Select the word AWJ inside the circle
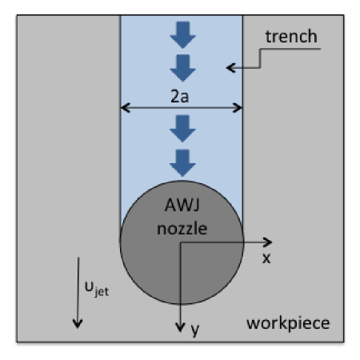click(181, 207)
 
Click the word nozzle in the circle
click(181, 228)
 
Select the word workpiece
click(288, 324)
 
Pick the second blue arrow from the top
click(181, 66)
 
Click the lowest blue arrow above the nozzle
click(181, 163)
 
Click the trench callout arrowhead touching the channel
click(230, 68)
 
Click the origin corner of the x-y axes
click(180, 242)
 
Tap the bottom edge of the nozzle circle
click(181, 304)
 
